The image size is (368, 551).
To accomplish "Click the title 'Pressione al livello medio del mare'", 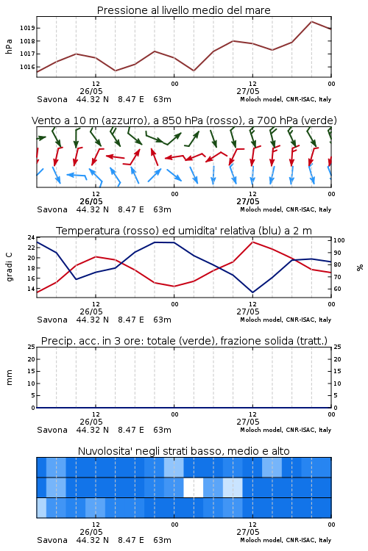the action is pos(183,10).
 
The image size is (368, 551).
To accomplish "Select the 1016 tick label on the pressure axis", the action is pos(26,67).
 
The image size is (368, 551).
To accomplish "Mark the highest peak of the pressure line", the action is pos(311,21).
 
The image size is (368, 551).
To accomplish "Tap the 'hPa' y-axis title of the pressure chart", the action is pos(9,46).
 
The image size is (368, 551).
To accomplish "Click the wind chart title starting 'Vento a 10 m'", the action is pos(184,120).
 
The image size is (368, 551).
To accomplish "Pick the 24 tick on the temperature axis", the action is pos(32,237).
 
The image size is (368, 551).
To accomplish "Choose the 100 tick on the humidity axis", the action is pos(339,240).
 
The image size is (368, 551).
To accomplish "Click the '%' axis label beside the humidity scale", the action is pos(360,267).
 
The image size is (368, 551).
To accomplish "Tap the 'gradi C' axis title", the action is pos(9,267).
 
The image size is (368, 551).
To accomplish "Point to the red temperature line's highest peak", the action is pos(253,242).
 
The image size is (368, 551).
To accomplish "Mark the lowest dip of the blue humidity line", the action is pos(253,292).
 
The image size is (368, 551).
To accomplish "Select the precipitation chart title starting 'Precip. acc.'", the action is pos(184,341).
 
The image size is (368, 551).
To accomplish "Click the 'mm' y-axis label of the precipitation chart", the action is pos(9,378).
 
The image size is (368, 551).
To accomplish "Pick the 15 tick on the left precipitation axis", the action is pos(32,371).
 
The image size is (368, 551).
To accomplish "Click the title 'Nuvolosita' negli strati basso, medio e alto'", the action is pos(183,451).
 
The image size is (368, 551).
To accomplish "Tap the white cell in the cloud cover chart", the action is pos(194,487).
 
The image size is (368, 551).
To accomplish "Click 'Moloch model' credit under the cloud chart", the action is pos(261,540).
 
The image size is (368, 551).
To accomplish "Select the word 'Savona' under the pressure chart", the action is pos(52,99).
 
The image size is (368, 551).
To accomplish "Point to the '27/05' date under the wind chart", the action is pos(248,202).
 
